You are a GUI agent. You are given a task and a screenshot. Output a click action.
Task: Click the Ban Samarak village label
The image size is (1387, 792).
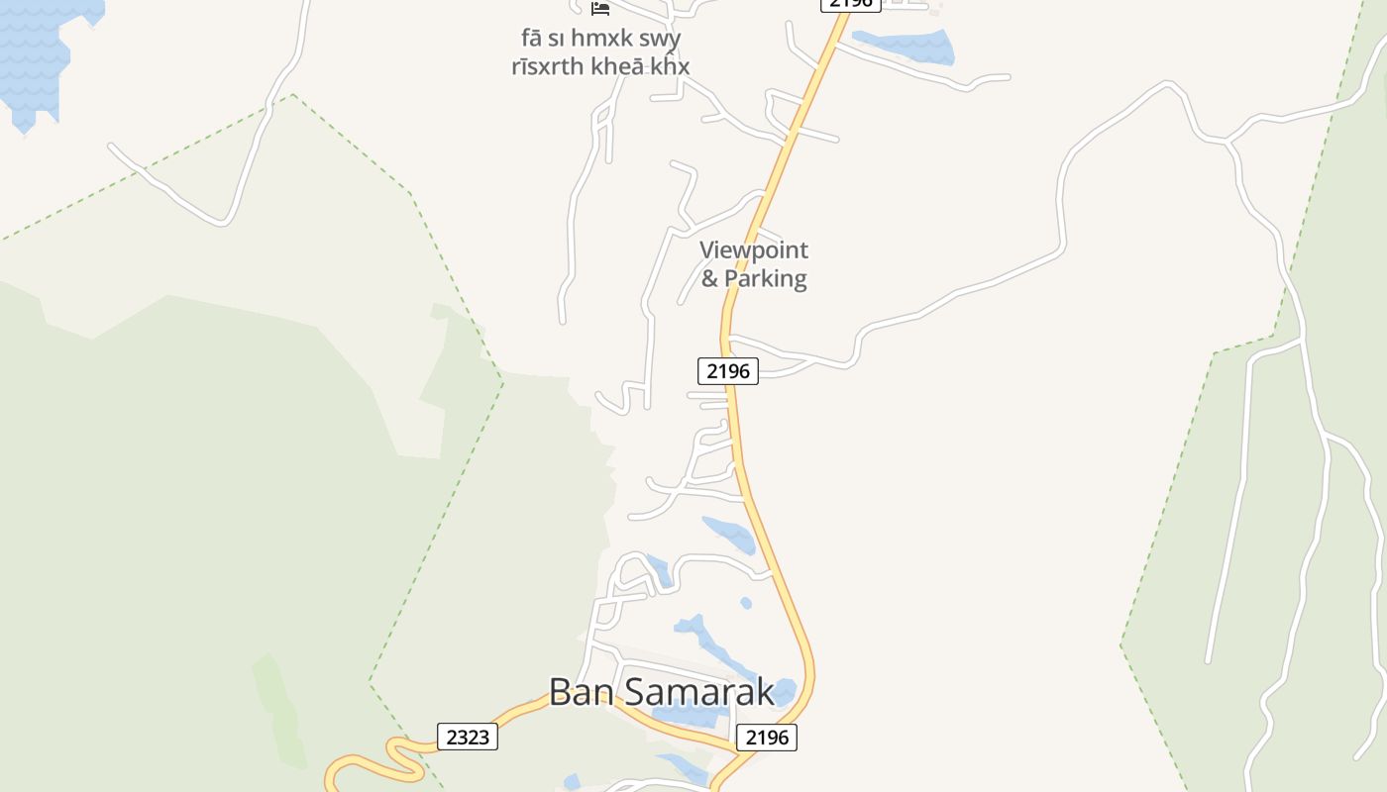point(661,691)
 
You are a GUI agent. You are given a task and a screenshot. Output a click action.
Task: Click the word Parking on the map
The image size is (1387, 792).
point(766,278)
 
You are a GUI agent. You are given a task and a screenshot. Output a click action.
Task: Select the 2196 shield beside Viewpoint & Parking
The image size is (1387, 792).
point(728,371)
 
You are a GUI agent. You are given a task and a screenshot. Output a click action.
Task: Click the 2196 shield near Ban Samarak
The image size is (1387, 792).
point(767,738)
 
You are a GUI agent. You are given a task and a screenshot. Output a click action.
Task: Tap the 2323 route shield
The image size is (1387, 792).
point(468,738)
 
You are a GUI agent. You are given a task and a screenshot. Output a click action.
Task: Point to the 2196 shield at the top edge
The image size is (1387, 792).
point(850,4)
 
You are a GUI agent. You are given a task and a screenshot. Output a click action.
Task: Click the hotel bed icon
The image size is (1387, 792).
point(600,8)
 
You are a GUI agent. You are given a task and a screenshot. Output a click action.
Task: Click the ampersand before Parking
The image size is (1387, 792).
point(709,278)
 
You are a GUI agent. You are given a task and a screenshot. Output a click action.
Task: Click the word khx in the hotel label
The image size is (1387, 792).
point(671,66)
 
